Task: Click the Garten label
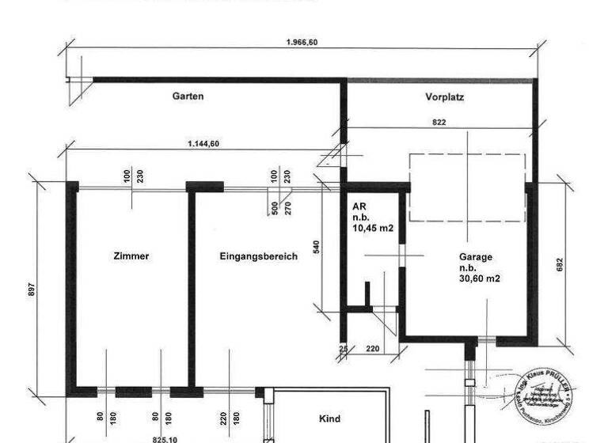(x=188, y=96)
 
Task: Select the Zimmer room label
(x=131, y=256)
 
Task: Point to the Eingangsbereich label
(x=259, y=256)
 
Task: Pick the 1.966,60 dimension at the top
(x=302, y=43)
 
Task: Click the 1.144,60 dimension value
(x=203, y=143)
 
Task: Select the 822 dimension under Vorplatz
(x=439, y=122)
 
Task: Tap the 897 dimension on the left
(x=32, y=290)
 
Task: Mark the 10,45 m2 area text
(x=373, y=229)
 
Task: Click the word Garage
(x=475, y=257)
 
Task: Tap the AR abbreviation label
(x=358, y=206)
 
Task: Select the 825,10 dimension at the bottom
(x=164, y=437)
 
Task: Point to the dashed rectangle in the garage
(x=467, y=188)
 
